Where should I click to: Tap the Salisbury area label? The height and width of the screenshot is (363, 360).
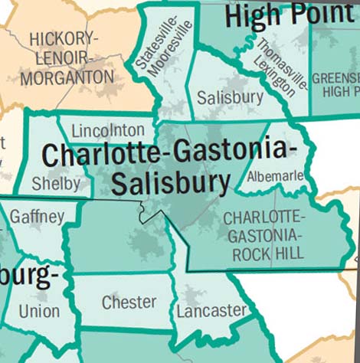[x=230, y=98]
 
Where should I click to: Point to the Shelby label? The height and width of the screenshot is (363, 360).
[x=56, y=184]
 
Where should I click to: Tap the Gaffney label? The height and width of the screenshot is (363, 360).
[x=37, y=217]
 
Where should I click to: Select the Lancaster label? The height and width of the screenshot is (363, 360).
[x=211, y=311]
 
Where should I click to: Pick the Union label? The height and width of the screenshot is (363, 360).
[x=38, y=312]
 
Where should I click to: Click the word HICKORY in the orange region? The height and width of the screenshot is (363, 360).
[x=63, y=39]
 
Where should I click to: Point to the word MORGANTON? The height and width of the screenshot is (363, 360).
[x=67, y=77]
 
